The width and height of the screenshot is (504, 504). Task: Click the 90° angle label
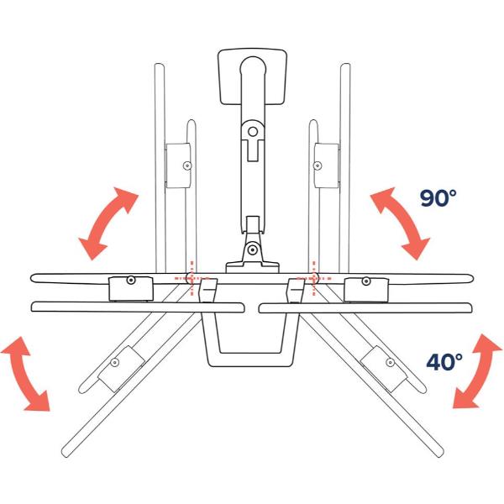point(438,198)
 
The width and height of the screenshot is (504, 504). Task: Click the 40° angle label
point(444,362)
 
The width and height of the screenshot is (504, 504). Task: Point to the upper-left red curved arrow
point(108,223)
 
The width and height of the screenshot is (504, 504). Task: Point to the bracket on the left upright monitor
point(179,166)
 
